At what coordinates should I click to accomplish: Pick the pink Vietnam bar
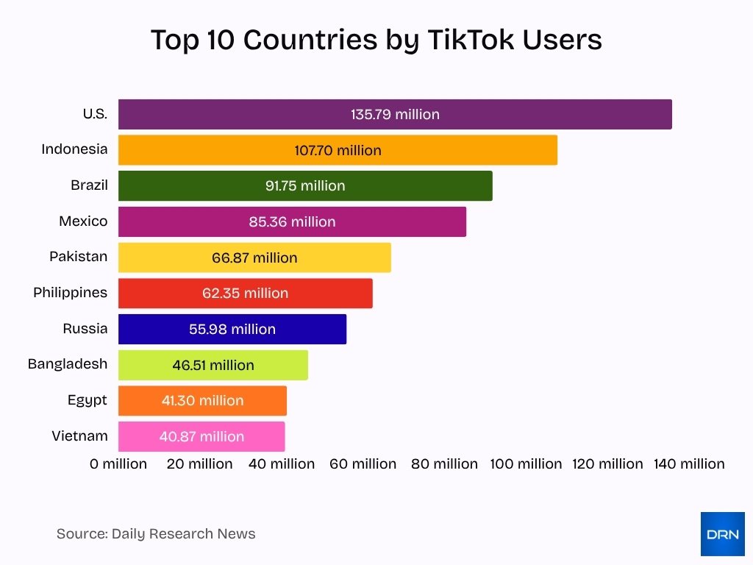(201, 436)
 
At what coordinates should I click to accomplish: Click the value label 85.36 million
(292, 221)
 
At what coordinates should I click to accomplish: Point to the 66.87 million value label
(254, 257)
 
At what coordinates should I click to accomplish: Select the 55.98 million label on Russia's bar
(232, 329)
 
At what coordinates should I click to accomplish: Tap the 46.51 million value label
(213, 365)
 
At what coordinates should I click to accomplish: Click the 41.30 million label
(202, 400)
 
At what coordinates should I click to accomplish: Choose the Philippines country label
(70, 292)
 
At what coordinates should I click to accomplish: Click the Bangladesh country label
(68, 363)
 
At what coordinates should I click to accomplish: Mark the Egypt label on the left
(87, 399)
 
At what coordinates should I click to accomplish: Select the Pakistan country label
(78, 256)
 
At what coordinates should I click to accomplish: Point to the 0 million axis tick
(118, 463)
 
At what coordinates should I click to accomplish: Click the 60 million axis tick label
(363, 463)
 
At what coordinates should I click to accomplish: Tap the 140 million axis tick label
(689, 463)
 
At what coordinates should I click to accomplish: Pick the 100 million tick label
(526, 463)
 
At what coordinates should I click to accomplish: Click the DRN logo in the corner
(722, 534)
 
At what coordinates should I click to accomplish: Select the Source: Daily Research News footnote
(156, 533)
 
